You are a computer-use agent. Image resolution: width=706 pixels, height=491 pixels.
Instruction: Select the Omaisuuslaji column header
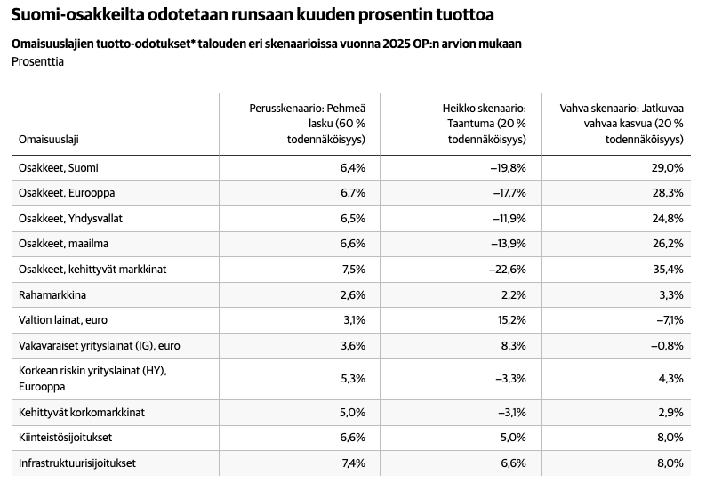click(49, 139)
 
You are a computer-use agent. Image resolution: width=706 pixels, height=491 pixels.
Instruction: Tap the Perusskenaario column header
click(308, 124)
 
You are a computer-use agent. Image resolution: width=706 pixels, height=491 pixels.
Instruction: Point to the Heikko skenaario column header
click(484, 124)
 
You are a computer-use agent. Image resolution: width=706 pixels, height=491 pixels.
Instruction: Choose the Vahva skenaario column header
click(622, 124)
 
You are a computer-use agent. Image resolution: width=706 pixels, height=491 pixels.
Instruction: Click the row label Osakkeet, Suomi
click(58, 167)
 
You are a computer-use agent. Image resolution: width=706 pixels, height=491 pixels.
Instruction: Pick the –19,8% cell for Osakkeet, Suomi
click(508, 167)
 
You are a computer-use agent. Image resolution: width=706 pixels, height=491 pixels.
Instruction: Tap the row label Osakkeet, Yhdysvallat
click(70, 219)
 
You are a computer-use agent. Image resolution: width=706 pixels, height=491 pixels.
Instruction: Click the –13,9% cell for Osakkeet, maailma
click(509, 244)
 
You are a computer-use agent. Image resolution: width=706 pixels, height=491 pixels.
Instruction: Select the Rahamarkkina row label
click(52, 295)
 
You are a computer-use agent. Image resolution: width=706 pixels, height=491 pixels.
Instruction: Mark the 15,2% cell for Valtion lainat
click(512, 320)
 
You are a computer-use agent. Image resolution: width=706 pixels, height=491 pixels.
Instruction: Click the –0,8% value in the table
click(667, 346)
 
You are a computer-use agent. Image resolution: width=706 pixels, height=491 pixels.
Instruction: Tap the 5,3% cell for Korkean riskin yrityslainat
click(353, 379)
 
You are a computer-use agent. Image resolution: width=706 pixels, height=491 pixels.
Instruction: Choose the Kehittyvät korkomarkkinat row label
click(82, 412)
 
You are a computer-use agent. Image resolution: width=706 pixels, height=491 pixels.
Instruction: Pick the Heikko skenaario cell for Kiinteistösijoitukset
click(514, 438)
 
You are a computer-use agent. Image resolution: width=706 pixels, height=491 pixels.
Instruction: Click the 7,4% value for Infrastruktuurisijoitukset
click(354, 463)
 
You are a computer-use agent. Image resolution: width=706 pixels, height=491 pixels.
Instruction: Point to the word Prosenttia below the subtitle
click(38, 61)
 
